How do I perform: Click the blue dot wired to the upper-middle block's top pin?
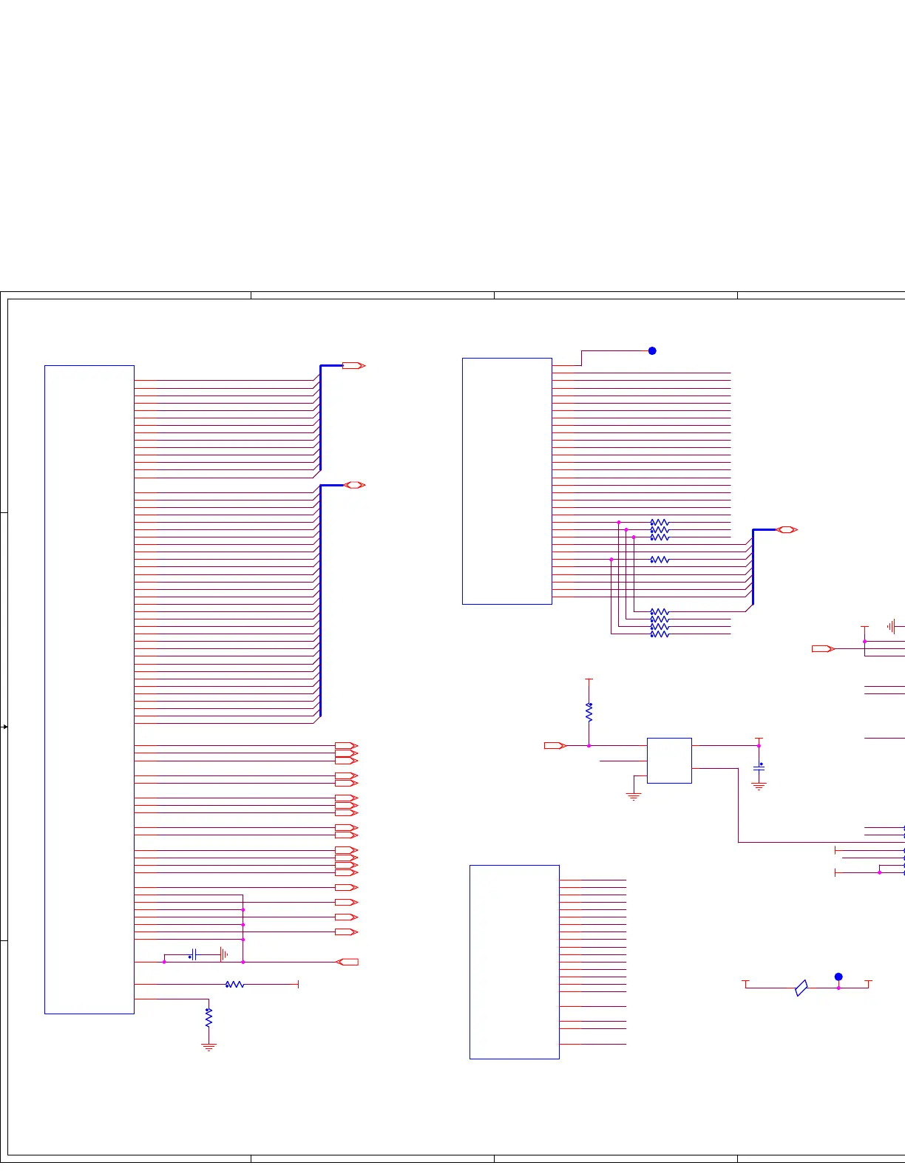tap(652, 351)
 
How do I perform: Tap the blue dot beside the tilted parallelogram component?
tap(838, 977)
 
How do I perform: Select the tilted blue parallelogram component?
tap(801, 988)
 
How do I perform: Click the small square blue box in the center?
tap(669, 760)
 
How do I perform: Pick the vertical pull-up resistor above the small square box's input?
tap(589, 712)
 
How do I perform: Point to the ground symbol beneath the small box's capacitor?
tap(759, 786)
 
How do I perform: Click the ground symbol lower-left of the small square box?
tap(634, 796)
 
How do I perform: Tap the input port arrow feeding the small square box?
tap(555, 746)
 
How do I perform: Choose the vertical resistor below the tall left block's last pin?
tap(209, 1017)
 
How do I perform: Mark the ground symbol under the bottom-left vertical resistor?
tap(209, 1047)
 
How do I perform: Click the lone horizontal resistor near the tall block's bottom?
tap(234, 985)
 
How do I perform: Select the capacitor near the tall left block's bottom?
tap(194, 954)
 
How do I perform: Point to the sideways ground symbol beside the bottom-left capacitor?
tap(223, 954)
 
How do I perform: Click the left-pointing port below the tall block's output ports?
tap(348, 962)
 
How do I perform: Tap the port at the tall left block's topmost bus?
tap(354, 366)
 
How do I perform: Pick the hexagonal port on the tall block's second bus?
tap(355, 485)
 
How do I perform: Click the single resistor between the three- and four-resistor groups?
tap(660, 560)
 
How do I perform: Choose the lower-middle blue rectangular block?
tap(515, 962)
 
